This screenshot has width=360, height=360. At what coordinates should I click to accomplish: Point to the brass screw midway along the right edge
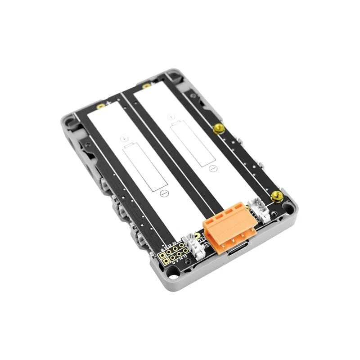pos(219,129)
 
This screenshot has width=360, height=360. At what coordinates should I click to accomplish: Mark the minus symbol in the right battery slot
pos(210,168)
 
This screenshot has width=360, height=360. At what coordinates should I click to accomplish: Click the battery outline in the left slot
pos(145,166)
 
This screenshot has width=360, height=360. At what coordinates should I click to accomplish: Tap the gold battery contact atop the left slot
pos(101,106)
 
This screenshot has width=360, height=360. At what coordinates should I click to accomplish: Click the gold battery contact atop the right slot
pos(146,86)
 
